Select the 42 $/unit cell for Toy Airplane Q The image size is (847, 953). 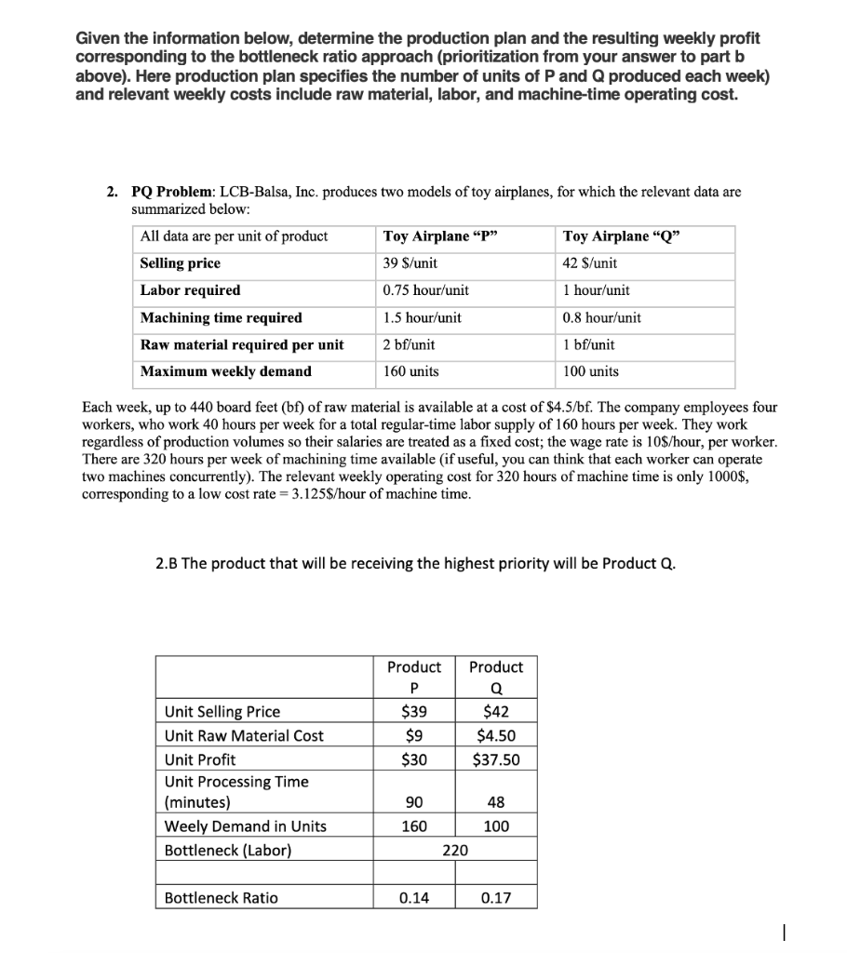click(590, 263)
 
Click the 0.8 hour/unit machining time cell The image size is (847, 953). click(602, 317)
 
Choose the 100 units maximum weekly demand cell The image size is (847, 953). click(591, 371)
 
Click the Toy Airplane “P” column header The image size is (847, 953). click(440, 236)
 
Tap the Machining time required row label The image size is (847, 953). click(221, 317)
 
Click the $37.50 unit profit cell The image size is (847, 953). click(496, 759)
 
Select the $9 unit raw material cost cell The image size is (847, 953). click(414, 735)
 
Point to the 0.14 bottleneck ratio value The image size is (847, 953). click(414, 898)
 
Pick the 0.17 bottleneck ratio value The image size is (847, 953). click(496, 898)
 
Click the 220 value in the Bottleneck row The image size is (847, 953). click(455, 850)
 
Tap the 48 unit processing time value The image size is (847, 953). click(496, 802)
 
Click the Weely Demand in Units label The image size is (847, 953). click(245, 826)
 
